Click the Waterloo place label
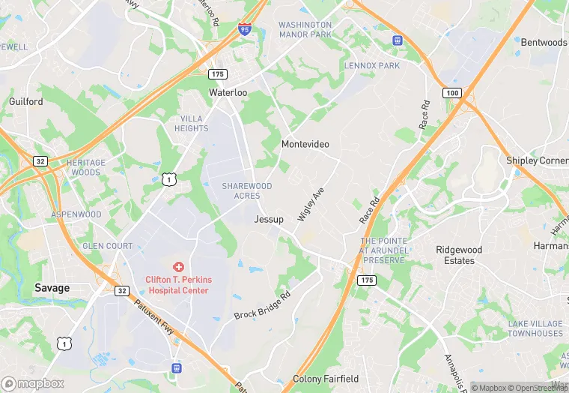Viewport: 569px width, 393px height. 228,93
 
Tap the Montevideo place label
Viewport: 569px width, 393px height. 305,143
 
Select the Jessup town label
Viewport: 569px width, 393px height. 269,219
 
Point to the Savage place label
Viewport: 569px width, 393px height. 52,288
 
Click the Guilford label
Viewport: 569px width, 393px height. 25,101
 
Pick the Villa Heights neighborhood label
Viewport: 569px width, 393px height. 191,124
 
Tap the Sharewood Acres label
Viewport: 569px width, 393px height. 246,190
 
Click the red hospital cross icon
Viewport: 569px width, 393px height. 178,267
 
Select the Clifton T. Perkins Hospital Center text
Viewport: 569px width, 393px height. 178,285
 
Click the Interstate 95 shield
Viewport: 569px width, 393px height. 245,28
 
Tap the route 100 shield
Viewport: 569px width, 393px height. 451,92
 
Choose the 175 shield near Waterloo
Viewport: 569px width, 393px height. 217,74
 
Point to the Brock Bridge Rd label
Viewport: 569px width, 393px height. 261,305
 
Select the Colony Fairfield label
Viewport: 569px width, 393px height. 326,379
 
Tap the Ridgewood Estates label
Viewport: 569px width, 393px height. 459,255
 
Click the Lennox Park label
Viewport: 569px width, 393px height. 372,66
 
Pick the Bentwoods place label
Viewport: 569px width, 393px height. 544,43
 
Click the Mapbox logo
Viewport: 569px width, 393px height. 33,383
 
